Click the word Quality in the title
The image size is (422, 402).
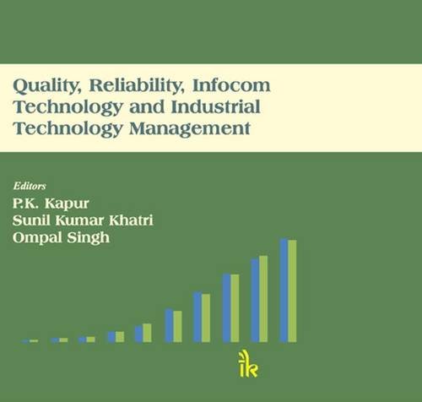point(45,87)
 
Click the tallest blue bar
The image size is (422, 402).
point(284,291)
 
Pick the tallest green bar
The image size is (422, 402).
point(292,291)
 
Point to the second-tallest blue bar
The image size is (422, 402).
point(255,300)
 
